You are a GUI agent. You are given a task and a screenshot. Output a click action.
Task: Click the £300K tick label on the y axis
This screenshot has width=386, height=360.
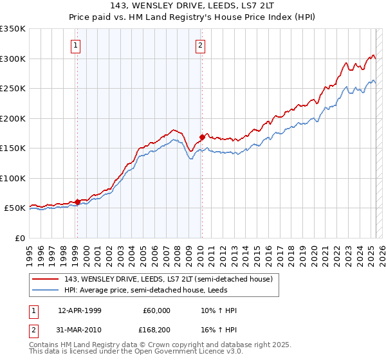tap(13, 59)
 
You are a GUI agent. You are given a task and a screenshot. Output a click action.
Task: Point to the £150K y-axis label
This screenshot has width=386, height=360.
tap(13, 148)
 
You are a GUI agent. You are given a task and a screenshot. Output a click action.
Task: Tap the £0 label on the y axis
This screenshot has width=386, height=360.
tap(19, 238)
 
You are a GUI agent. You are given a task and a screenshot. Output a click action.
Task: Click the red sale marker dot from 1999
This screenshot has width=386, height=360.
tap(77, 202)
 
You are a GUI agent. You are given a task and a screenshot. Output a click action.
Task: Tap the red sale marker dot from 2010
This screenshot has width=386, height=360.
tap(201, 137)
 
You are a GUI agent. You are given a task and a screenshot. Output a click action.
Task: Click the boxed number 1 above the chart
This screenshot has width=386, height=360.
tap(77, 45)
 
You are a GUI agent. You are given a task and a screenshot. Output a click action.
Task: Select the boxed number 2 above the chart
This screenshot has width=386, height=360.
tap(201, 45)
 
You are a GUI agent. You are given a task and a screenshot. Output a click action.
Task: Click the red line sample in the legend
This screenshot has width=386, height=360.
tap(45, 279)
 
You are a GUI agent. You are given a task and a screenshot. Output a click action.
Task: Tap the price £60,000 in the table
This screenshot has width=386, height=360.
tap(156, 310)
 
